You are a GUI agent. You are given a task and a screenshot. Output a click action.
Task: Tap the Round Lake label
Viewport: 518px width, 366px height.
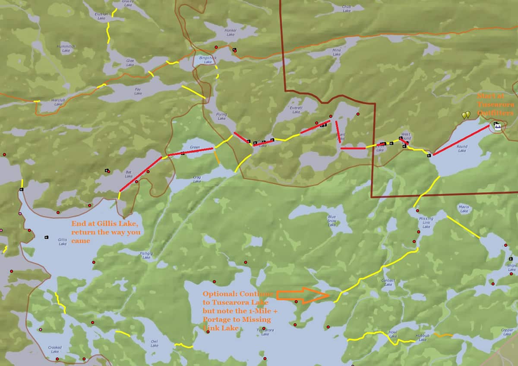tap(462, 149)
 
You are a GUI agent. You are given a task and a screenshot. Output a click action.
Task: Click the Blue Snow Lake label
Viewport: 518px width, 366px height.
tap(332, 221)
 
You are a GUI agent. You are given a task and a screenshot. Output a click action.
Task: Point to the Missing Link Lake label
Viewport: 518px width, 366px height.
tap(426, 222)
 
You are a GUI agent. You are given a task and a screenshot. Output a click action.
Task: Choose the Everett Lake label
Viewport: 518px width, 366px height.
tap(296, 110)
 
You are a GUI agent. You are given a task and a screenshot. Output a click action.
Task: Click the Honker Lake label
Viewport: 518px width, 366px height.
tap(231, 32)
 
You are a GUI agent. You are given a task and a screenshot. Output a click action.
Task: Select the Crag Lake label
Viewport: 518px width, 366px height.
tap(197, 179)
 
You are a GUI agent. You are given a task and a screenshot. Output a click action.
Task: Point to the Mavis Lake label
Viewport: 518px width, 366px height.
tap(464, 209)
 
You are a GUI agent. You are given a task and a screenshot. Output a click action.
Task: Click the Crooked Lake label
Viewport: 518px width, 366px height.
tap(55, 349)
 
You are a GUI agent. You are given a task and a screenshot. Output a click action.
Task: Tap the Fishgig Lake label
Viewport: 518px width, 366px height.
tap(144, 255)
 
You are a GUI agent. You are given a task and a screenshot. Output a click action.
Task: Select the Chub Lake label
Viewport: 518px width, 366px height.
tap(347, 9)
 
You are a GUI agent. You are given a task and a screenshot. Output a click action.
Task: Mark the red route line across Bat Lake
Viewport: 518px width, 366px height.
tap(140, 175)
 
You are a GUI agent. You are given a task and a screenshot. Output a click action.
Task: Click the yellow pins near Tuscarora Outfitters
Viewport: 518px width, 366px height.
tap(466, 115)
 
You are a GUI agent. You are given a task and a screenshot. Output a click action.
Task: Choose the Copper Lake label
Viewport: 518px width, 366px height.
tap(507, 332)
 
